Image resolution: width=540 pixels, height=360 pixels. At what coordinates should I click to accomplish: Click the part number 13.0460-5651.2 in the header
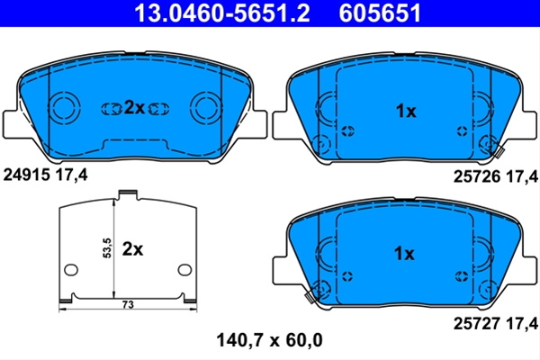[x=222, y=13]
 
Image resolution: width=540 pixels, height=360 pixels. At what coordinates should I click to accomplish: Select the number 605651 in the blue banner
[x=380, y=13]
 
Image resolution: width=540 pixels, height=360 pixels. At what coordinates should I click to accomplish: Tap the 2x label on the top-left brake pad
[x=134, y=108]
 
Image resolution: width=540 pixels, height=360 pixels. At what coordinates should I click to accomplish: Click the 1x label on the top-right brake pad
[x=406, y=111]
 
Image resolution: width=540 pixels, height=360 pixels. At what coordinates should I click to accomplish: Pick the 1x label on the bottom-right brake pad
[x=404, y=254]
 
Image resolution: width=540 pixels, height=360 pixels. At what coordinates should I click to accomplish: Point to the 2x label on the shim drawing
[x=132, y=248]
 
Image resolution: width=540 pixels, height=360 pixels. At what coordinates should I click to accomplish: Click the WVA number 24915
[x=26, y=175]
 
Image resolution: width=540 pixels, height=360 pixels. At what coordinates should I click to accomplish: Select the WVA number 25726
[x=477, y=176]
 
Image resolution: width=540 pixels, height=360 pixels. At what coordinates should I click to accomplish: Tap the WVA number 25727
[x=477, y=323]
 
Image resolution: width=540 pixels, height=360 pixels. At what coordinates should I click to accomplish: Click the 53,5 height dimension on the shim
[x=107, y=248]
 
